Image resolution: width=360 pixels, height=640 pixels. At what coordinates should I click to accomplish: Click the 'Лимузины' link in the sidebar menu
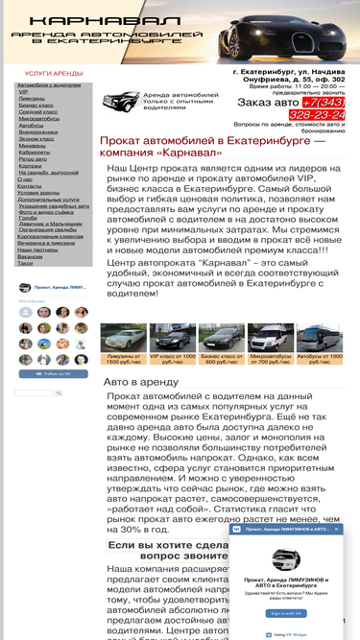[x=31, y=98]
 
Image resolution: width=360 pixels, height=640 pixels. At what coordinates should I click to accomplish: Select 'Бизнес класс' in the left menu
[x=35, y=105]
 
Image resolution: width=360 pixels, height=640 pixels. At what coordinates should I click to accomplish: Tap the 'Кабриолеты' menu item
[x=34, y=152]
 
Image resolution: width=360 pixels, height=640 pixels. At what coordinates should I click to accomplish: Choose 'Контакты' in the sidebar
[x=30, y=185]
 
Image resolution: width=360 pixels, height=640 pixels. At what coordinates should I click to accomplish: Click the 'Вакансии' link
[x=30, y=256]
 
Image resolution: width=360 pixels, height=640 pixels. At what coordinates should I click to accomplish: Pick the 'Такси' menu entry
[x=24, y=263]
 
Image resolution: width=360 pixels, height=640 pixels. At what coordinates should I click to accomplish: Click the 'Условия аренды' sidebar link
[x=37, y=192]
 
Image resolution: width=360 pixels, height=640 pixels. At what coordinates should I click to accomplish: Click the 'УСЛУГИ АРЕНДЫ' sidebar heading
[x=54, y=73]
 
